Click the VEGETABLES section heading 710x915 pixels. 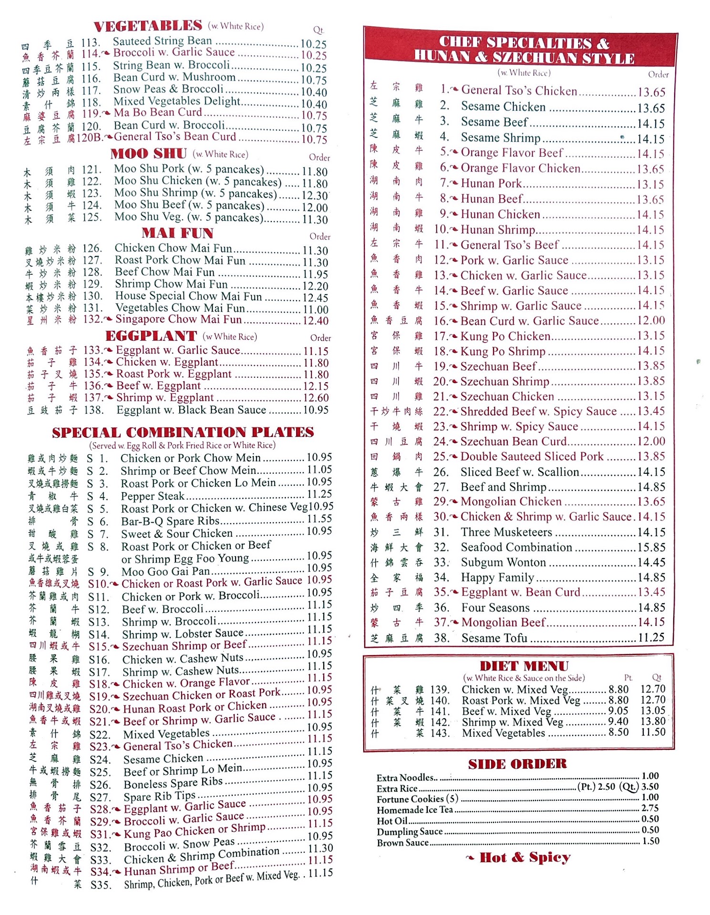[x=148, y=26]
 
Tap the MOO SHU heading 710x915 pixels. [x=148, y=154]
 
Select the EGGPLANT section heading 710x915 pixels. [x=151, y=336]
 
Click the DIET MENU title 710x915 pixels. [x=524, y=666]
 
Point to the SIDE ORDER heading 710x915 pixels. [x=517, y=764]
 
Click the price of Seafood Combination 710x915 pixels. [x=651, y=548]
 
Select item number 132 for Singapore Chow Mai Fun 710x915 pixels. [x=91, y=319]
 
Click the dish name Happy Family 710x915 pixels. [x=497, y=578]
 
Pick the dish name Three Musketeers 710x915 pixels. [x=506, y=532]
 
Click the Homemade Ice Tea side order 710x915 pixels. [x=414, y=810]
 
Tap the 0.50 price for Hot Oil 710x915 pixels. [x=650, y=819]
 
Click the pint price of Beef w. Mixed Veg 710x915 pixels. [x=618, y=711]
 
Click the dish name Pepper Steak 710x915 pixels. [x=153, y=496]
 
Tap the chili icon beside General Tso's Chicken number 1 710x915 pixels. [x=454, y=90]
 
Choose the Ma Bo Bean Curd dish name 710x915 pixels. [x=158, y=113]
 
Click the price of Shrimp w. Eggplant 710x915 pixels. [x=316, y=398]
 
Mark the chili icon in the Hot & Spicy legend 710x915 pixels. [x=470, y=858]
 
